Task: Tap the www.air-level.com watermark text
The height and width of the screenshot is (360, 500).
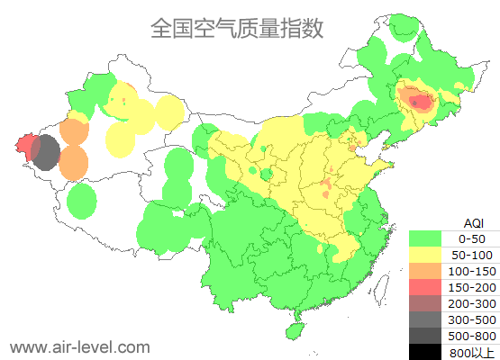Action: [79, 346]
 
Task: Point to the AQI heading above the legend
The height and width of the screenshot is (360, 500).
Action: [473, 222]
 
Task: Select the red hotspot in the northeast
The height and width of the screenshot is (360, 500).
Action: [421, 102]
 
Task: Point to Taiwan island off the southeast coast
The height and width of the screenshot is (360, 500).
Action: [384, 288]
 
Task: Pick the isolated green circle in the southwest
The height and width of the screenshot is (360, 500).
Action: [81, 201]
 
